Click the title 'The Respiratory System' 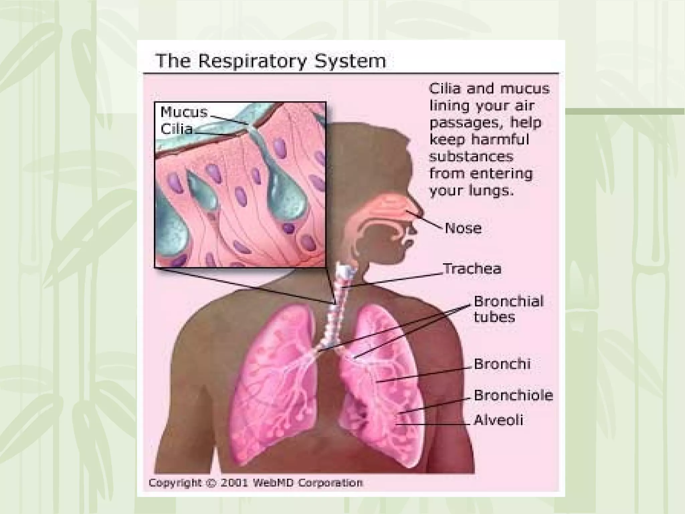(x=271, y=61)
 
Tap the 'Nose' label (x=463, y=229)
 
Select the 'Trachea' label (x=472, y=269)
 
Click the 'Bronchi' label (x=502, y=364)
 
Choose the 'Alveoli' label (x=498, y=420)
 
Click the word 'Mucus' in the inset (x=184, y=112)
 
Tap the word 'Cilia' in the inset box (x=177, y=129)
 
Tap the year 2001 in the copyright (x=234, y=483)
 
